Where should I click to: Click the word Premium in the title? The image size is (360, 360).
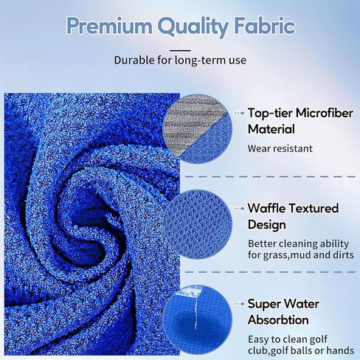(x=109, y=26)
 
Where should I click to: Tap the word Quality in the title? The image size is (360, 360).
(x=193, y=27)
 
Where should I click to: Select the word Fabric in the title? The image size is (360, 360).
(x=265, y=26)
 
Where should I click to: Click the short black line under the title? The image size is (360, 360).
(x=180, y=50)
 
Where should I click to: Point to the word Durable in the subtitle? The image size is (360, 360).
(x=135, y=60)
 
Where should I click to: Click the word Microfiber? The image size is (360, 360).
(x=325, y=113)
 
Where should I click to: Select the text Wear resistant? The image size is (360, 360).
(x=280, y=148)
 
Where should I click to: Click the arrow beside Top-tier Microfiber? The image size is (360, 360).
(x=240, y=114)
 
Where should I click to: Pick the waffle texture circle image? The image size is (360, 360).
(x=197, y=224)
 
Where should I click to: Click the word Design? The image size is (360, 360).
(x=267, y=224)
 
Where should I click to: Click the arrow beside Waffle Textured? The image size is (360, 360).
(x=240, y=209)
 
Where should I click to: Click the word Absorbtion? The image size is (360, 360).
(x=278, y=320)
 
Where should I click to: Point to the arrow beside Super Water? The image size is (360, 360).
(x=240, y=304)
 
